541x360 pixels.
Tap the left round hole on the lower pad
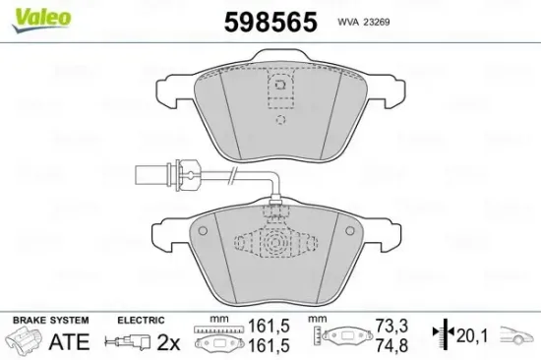[204, 230]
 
